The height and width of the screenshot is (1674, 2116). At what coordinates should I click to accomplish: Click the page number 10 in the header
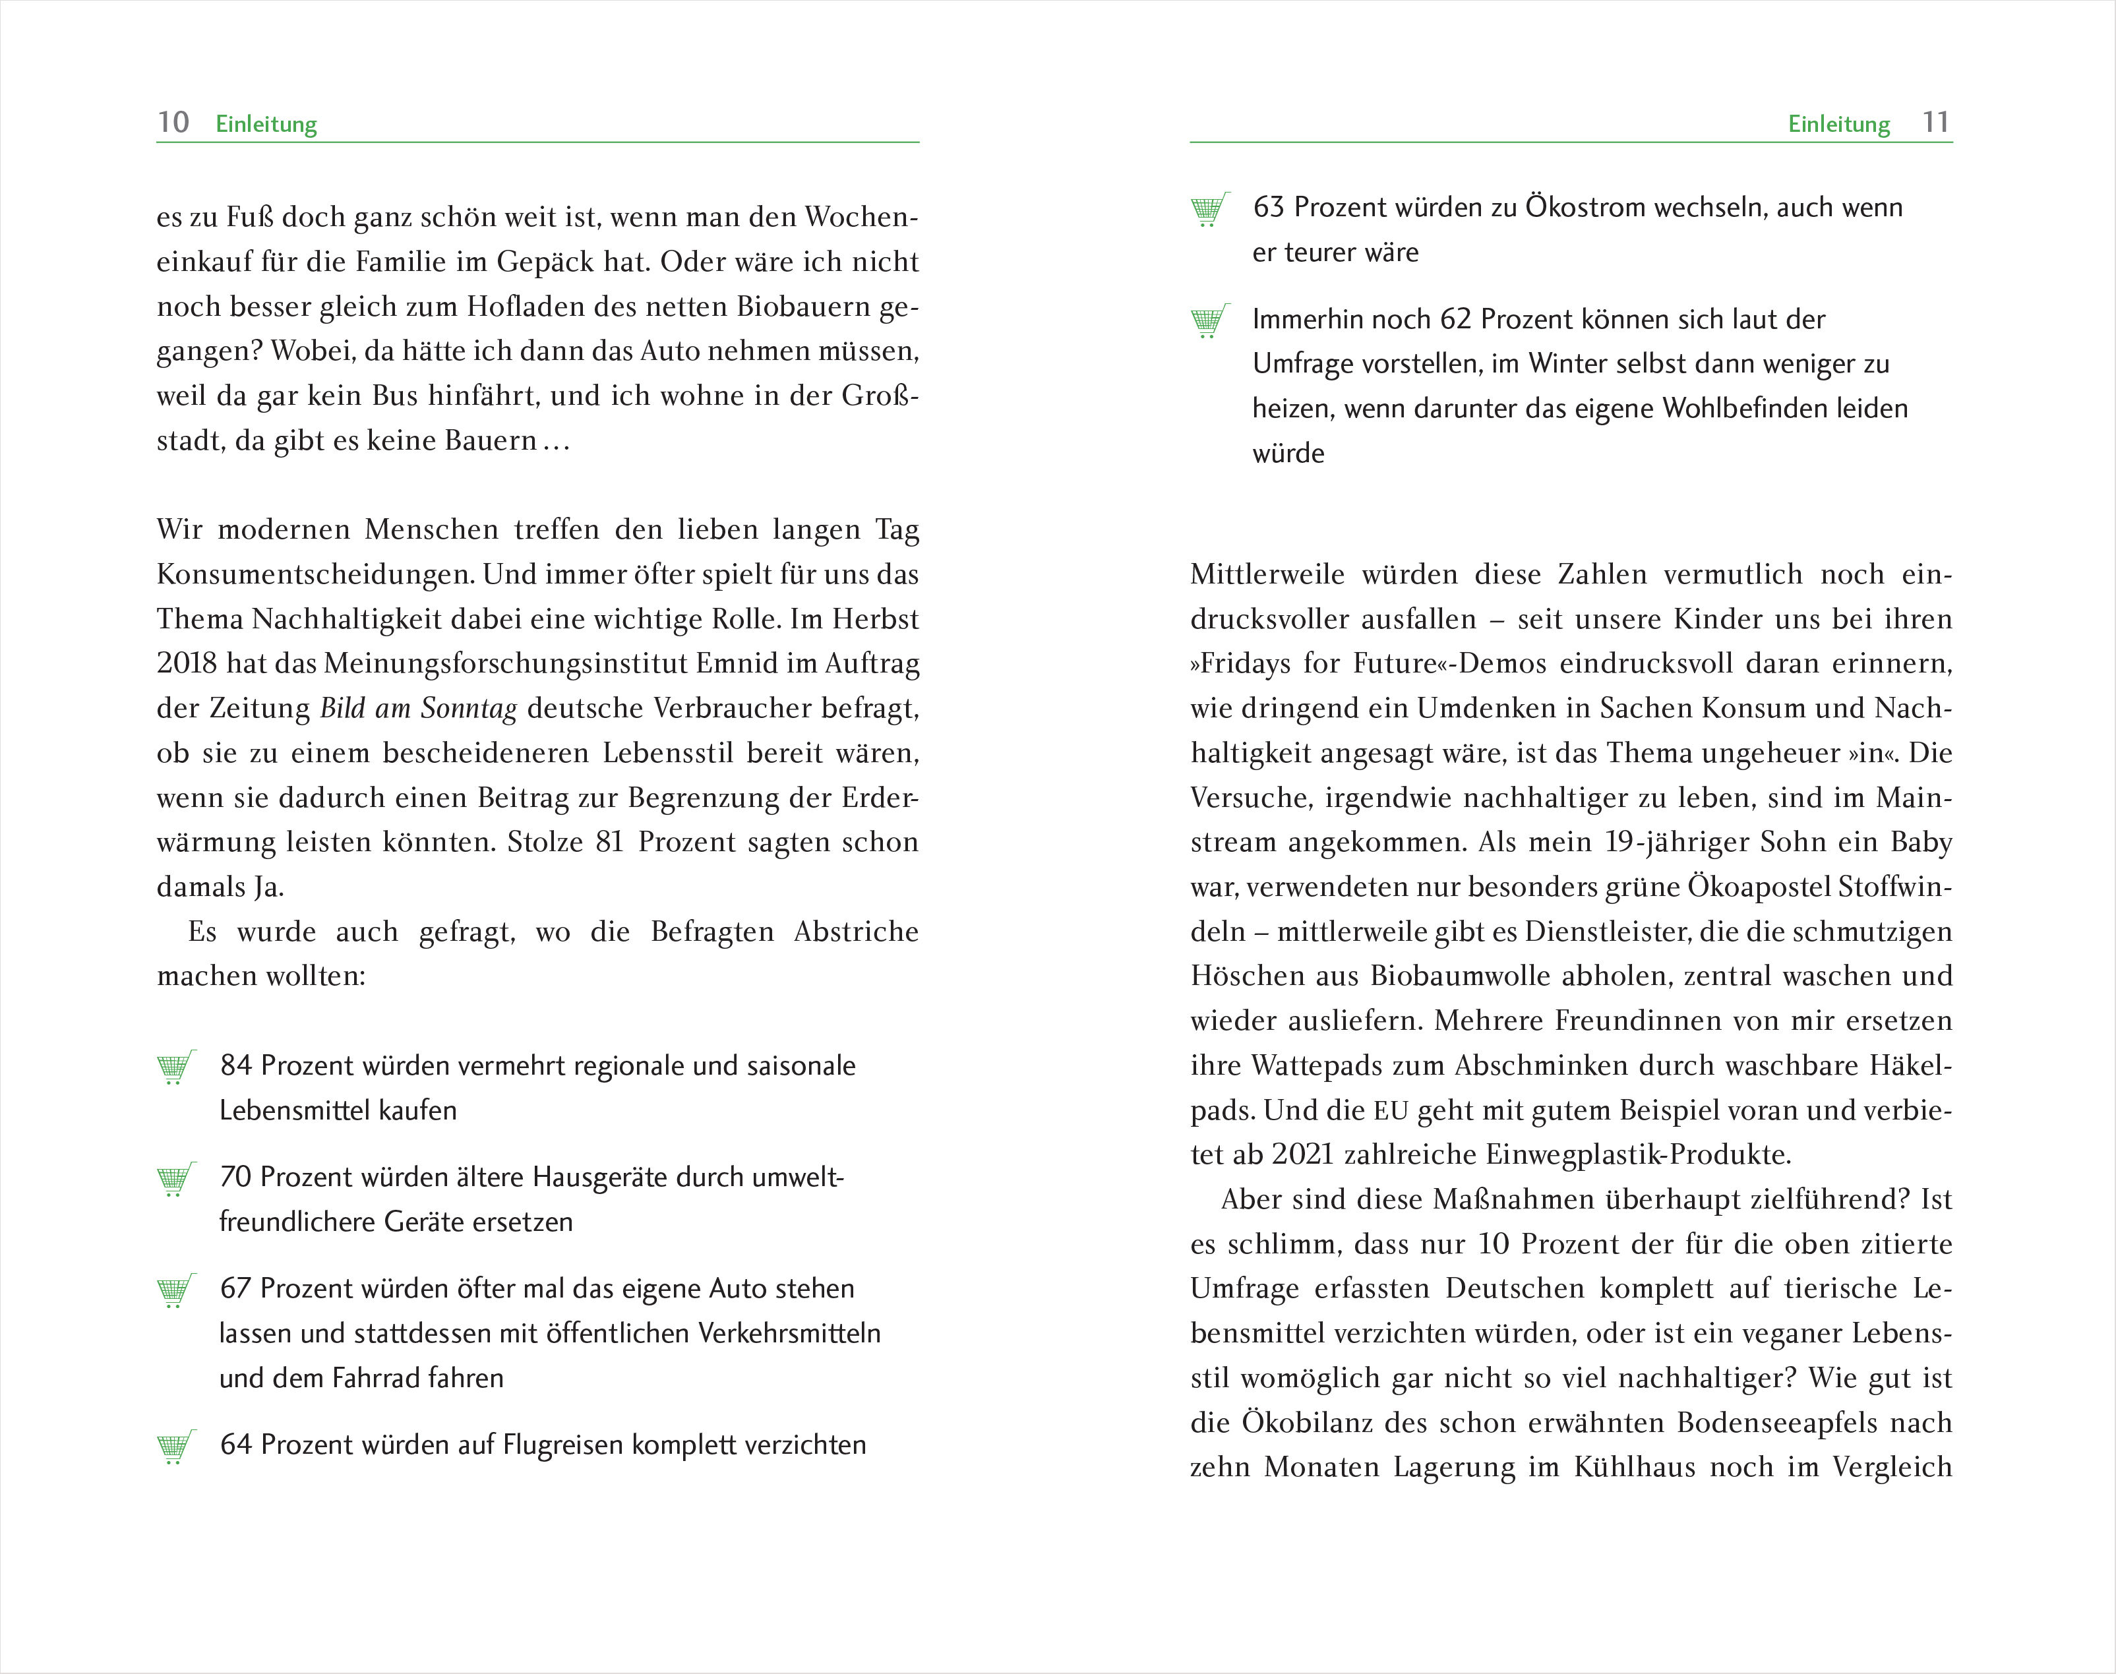173,123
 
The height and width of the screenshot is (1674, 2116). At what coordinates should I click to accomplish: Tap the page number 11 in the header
1936,123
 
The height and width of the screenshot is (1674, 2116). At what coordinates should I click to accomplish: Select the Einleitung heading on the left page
266,125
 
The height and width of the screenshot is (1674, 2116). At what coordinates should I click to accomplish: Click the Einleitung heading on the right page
1838,125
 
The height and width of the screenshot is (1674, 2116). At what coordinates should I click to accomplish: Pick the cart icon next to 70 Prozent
175,1178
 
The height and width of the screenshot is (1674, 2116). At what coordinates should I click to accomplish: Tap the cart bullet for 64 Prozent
175,1446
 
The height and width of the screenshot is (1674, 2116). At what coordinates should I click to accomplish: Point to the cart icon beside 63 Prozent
1209,209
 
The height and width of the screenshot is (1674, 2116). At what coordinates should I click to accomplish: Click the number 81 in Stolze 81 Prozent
610,842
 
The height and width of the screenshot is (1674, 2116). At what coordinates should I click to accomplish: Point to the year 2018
186,663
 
